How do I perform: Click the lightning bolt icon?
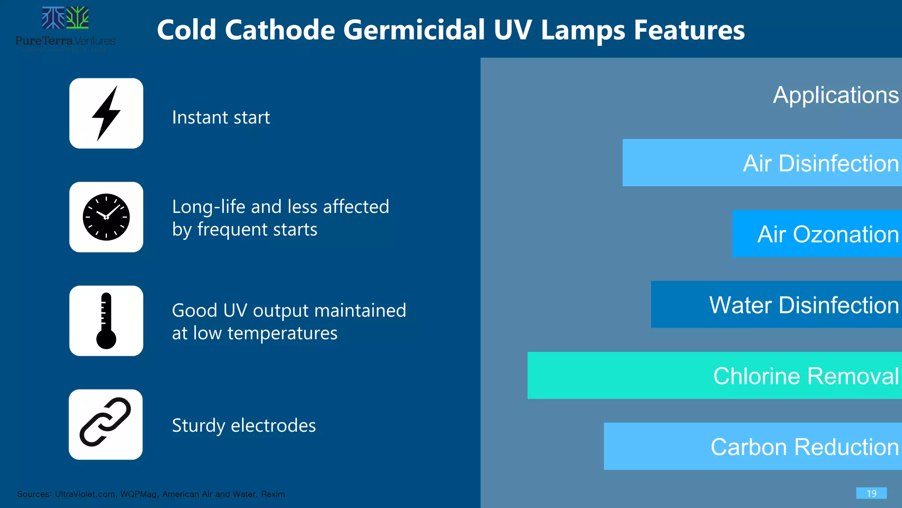[x=106, y=113]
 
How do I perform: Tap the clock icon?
[x=106, y=217]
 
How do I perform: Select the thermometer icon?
[x=106, y=321]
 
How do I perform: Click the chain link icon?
[x=105, y=422]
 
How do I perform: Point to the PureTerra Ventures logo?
[x=65, y=29]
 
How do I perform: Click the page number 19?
[x=871, y=493]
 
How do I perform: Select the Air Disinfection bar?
[x=762, y=163]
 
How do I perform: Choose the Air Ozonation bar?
[x=817, y=234]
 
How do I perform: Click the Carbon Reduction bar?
[x=753, y=446]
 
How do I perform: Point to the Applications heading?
[x=835, y=95]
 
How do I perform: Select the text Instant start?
[x=221, y=117]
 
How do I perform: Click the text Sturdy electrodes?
[x=244, y=426]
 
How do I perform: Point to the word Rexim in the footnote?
[x=273, y=494]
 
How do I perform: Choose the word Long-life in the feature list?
[x=202, y=207]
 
